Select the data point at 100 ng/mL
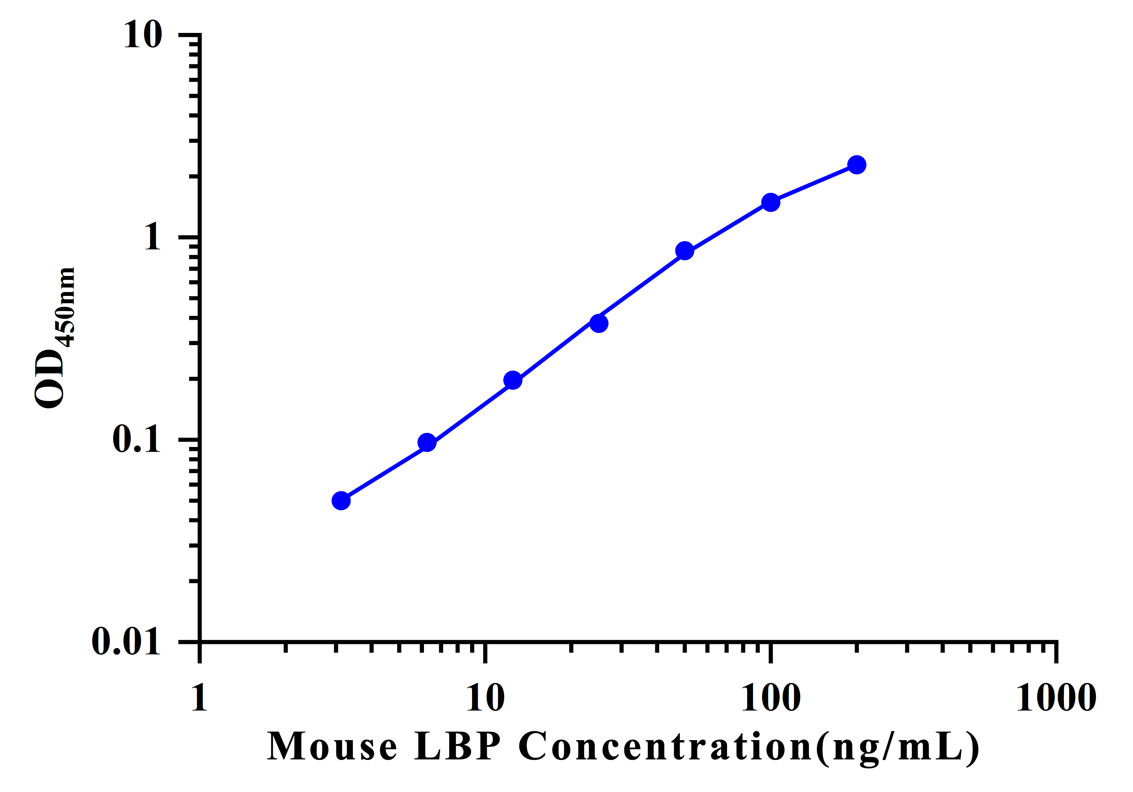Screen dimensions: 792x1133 point(770,202)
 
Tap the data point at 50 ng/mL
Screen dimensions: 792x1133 point(684,251)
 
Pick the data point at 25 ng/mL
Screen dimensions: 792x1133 point(599,324)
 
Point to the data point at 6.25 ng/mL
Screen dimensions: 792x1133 point(427,443)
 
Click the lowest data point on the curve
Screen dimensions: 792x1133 point(341,501)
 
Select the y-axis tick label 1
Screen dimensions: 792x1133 point(153,237)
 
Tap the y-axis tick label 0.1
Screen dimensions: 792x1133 point(137,439)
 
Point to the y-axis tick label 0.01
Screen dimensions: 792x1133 point(126,642)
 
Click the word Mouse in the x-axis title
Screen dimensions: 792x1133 point(332,746)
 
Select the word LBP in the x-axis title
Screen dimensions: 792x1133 point(458,746)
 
